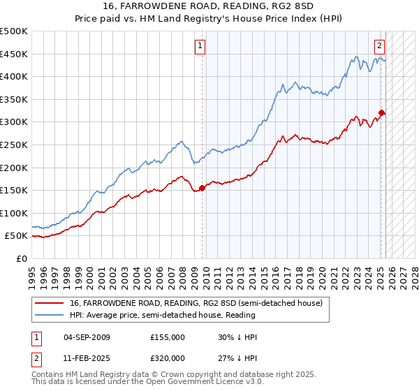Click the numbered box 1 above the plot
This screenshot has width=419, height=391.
click(200, 47)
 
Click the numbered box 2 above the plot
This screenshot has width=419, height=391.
click(379, 47)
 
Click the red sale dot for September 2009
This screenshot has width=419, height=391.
click(203, 187)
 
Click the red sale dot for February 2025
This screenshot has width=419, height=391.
click(381, 112)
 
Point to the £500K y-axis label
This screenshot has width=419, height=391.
click(14, 31)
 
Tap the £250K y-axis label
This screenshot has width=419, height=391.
click(14, 145)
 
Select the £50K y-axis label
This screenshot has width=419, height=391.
click(17, 236)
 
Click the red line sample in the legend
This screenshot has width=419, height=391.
click(50, 303)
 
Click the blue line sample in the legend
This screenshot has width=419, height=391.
click(50, 316)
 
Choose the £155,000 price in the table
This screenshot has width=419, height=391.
click(167, 337)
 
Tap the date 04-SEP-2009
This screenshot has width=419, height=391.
click(87, 337)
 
